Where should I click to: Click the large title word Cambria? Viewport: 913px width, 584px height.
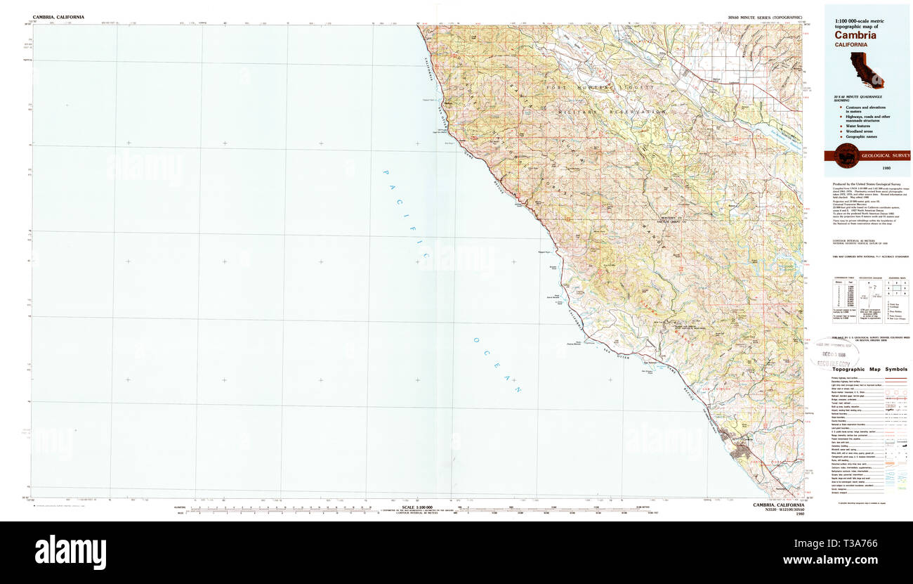point(855,35)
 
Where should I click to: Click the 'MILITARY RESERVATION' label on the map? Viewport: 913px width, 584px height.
point(611,112)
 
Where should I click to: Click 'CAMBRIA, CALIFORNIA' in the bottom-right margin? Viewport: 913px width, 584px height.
point(778,505)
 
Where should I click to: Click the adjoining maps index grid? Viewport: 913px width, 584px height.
point(897,288)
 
